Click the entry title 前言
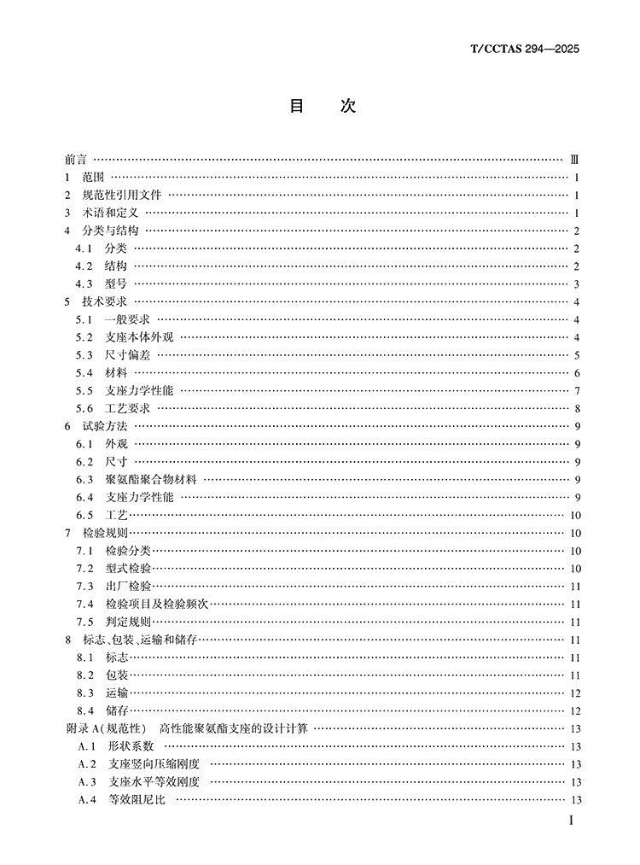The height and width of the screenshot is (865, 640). pyautogui.click(x=75, y=160)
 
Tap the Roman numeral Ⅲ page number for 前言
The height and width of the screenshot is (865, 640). pyautogui.click(x=575, y=160)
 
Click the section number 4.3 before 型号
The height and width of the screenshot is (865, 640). pyautogui.click(x=83, y=284)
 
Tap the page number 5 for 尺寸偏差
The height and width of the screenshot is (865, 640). pyautogui.click(x=578, y=355)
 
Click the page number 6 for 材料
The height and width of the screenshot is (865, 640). pyautogui.click(x=578, y=373)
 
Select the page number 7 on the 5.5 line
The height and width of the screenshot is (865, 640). pyautogui.click(x=578, y=391)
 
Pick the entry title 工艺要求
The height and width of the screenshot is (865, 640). pyautogui.click(x=127, y=408)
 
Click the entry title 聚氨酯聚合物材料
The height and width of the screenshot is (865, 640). pyautogui.click(x=151, y=480)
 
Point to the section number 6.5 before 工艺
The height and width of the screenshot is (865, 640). pyautogui.click(x=83, y=515)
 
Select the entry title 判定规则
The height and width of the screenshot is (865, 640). pyautogui.click(x=127, y=622)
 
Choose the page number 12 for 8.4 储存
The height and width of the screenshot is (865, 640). pyautogui.click(x=575, y=710)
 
